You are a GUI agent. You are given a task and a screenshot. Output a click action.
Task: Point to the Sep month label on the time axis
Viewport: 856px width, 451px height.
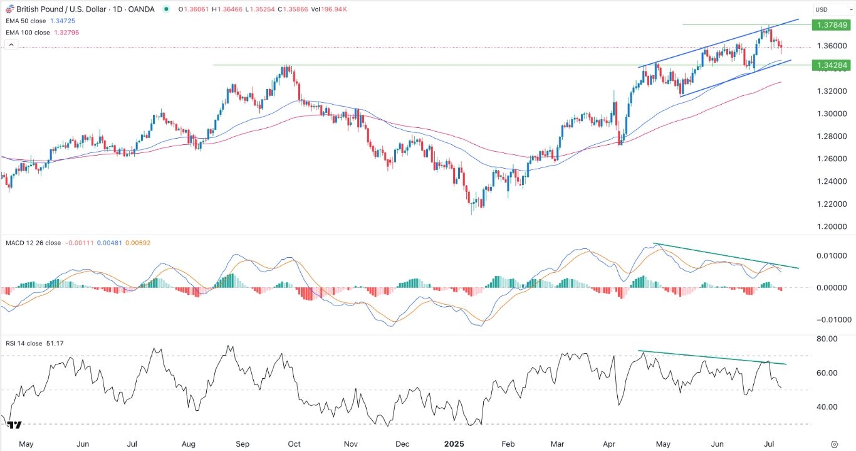242,444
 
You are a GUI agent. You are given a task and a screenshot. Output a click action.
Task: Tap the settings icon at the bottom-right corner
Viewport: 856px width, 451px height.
834,443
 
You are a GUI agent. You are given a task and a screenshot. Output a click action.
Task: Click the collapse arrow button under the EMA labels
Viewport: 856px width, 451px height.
11,45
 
